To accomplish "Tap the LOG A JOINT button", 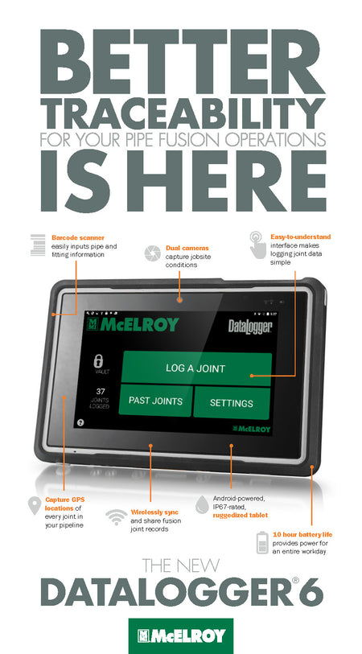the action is (x=196, y=368).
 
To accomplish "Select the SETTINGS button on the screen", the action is (x=232, y=403).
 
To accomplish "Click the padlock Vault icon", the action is (x=98, y=360).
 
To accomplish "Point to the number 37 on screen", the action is (x=101, y=392).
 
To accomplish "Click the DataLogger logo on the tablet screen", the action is (x=250, y=326).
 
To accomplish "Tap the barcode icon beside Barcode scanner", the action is (x=38, y=245).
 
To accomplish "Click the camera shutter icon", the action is (x=153, y=253).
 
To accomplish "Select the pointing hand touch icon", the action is (x=257, y=245).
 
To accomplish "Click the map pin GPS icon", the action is (x=35, y=505).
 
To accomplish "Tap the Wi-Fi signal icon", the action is (x=117, y=517).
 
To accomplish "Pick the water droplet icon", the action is (x=202, y=504).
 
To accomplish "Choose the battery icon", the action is (x=262, y=542).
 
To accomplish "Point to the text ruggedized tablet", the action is (x=241, y=515).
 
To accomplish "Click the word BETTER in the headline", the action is (x=183, y=62).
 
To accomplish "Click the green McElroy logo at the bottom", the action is (x=181, y=635).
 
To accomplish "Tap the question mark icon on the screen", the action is (x=81, y=422).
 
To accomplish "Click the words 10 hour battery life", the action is (x=302, y=535).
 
